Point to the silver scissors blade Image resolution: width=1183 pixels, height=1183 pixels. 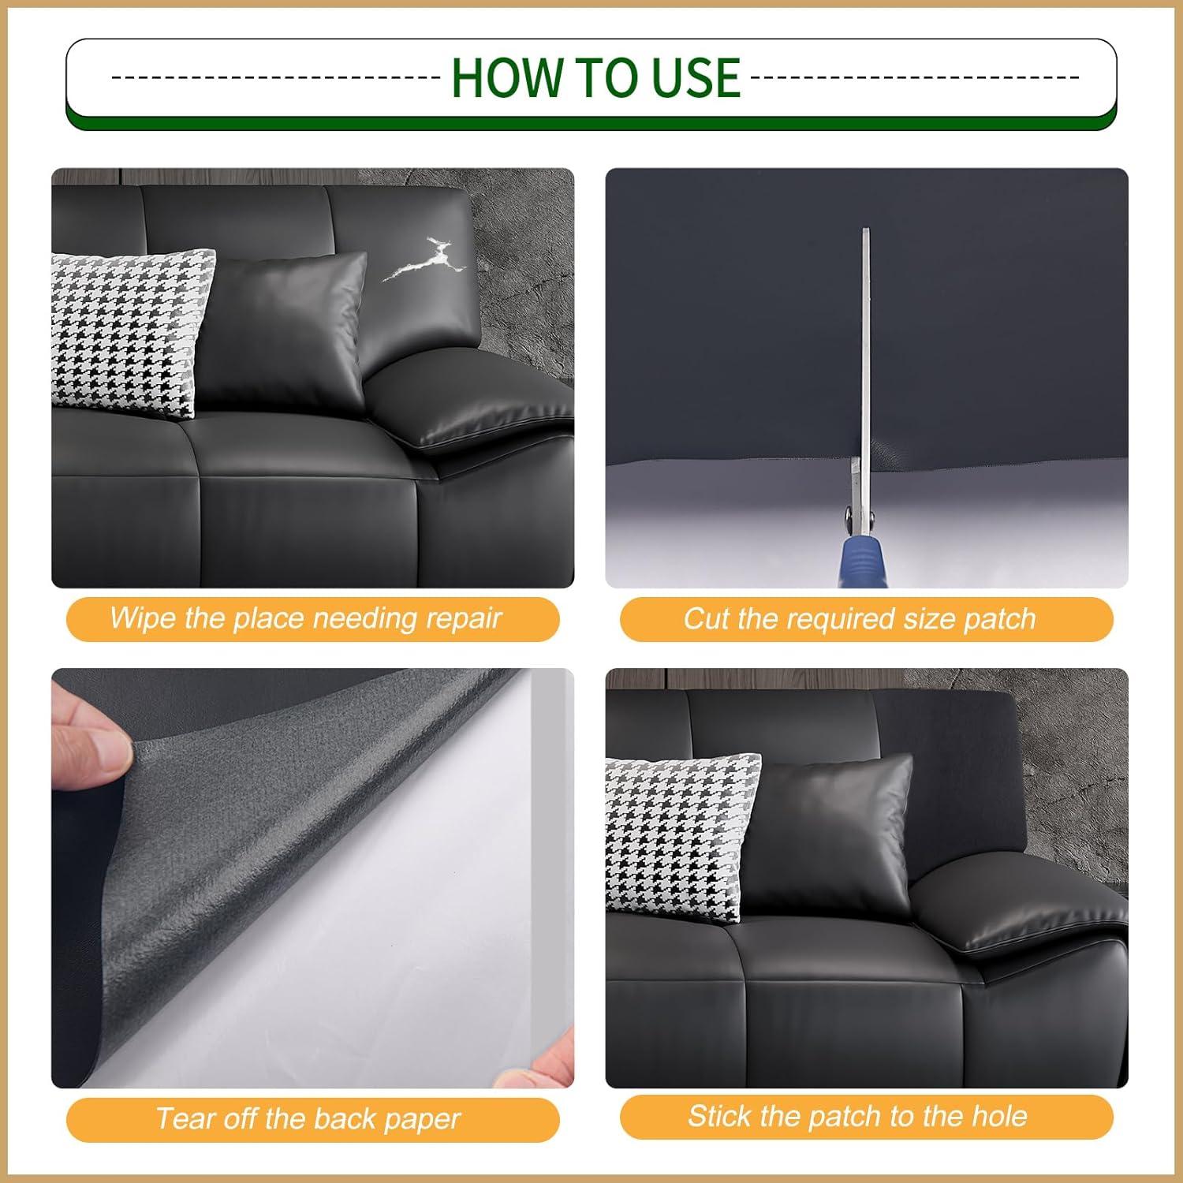pyautogui.click(x=865, y=347)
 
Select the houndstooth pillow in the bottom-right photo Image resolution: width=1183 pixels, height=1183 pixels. pyautogui.click(x=682, y=836)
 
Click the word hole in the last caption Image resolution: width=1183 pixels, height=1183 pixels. pyautogui.click(x=998, y=1116)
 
